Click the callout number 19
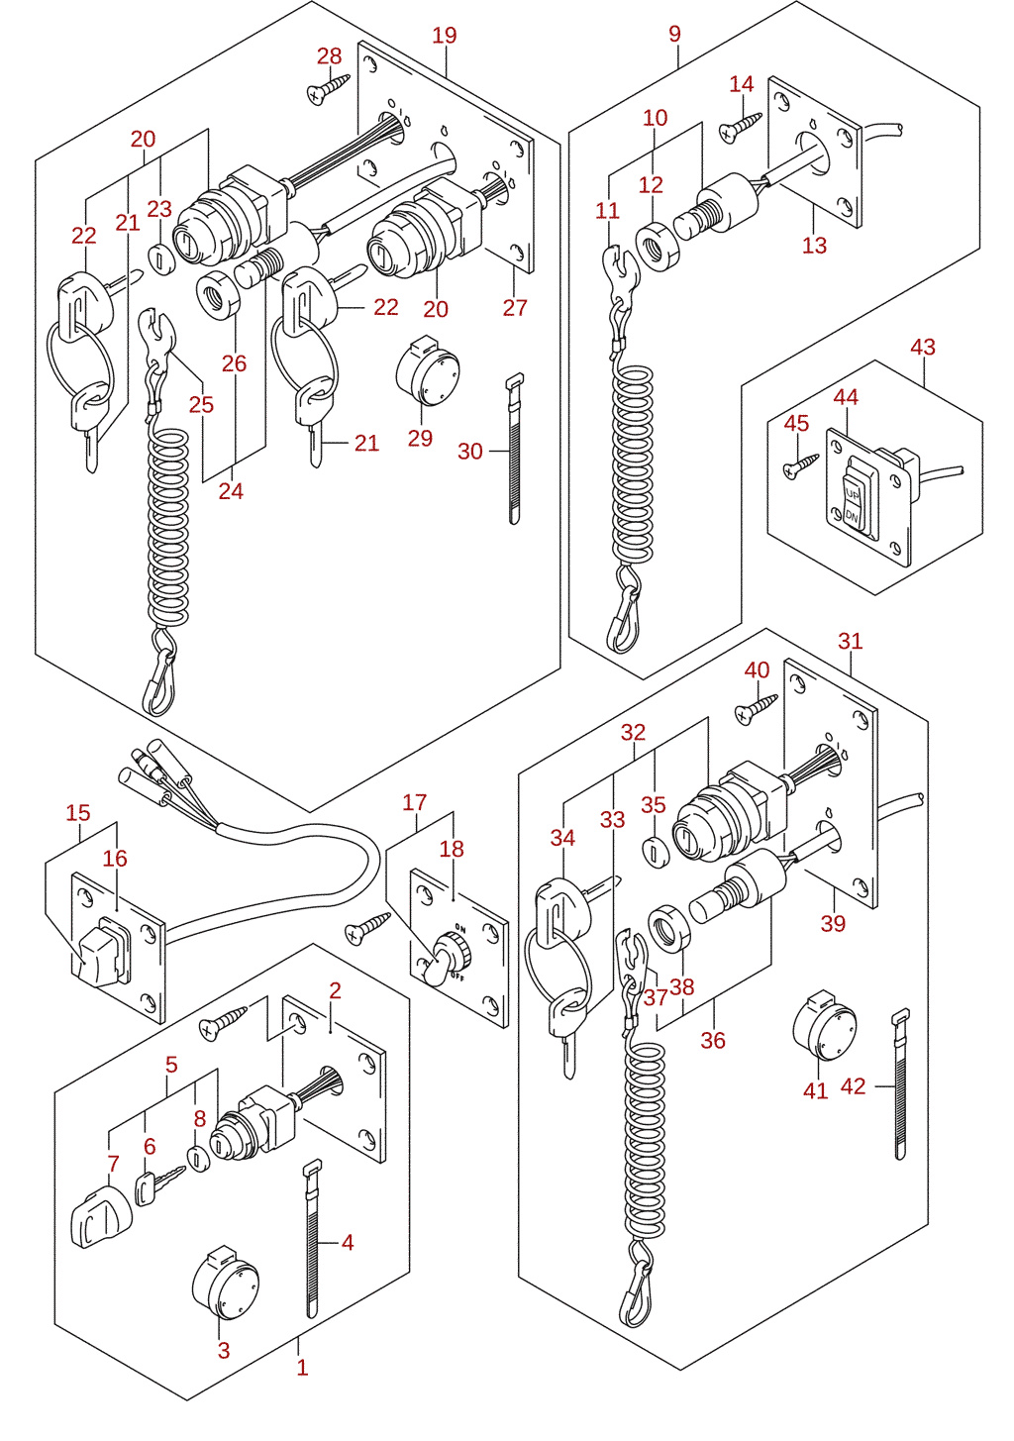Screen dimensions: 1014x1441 tap(444, 36)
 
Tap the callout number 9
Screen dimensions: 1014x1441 tap(674, 34)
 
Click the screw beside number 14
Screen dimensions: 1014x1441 tap(741, 128)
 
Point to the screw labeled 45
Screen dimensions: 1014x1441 tap(800, 465)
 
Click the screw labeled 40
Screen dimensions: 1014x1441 tap(756, 708)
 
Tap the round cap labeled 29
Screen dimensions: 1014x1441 tap(427, 370)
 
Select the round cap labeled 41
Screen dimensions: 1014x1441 tap(824, 1024)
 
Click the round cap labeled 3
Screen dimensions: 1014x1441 tap(225, 1284)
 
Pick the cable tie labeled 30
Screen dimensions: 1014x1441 tap(513, 449)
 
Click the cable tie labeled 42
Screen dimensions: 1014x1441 tap(900, 1083)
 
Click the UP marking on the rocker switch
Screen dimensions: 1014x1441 tap(852, 495)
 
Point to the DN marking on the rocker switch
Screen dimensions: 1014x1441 tap(852, 516)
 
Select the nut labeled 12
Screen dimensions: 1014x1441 tap(658, 247)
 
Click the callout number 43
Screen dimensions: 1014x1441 tap(923, 348)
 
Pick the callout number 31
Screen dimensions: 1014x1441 tap(850, 641)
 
